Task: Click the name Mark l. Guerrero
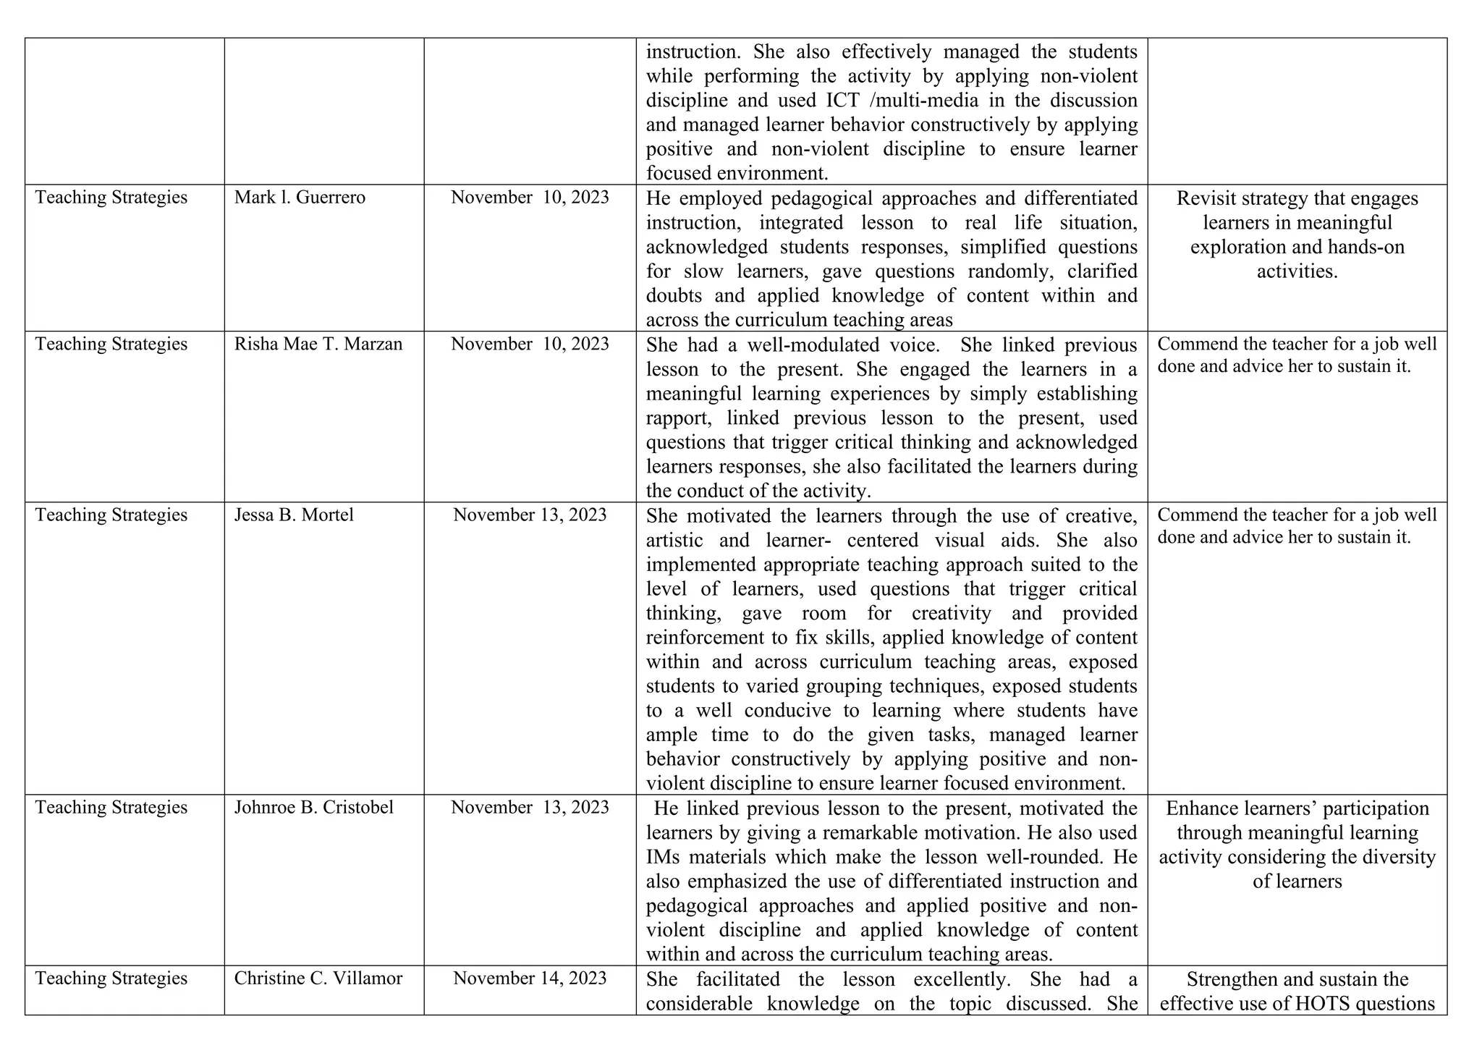pyautogui.click(x=300, y=198)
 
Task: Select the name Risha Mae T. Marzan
pyautogui.click(x=318, y=344)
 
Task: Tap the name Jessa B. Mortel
pyautogui.click(x=294, y=515)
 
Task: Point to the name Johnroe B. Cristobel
pyautogui.click(x=314, y=807)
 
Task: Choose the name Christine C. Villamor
pyautogui.click(x=318, y=979)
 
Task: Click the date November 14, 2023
pyautogui.click(x=530, y=979)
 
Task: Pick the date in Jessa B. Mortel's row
pyautogui.click(x=530, y=515)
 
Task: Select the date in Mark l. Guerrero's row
pyautogui.click(x=530, y=198)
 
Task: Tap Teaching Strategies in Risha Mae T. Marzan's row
pyautogui.click(x=111, y=344)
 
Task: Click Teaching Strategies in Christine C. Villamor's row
pyautogui.click(x=111, y=979)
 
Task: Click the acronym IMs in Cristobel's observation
pyautogui.click(x=664, y=857)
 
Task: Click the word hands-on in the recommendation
pyautogui.click(x=1363, y=248)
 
